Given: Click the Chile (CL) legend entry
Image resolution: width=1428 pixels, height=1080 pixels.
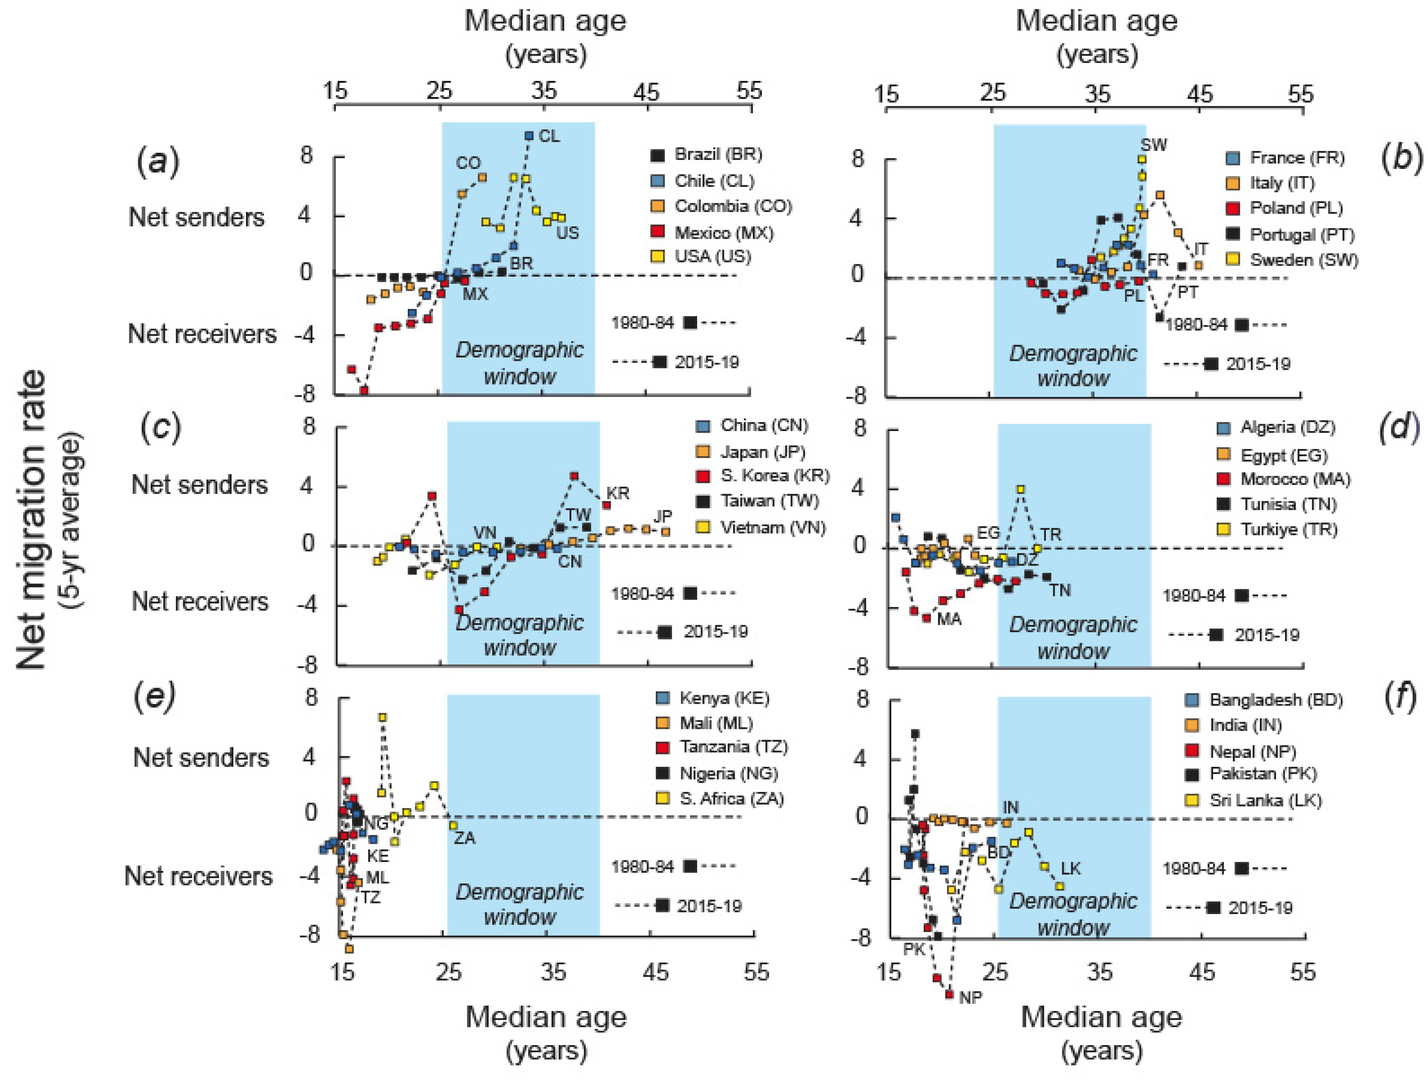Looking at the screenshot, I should tap(713, 181).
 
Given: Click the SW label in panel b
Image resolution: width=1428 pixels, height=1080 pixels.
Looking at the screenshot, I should tap(1153, 145).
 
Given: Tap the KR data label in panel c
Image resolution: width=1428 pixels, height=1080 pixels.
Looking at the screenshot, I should tap(618, 493).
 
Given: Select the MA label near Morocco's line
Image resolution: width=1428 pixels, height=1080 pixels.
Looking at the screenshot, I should tap(949, 620).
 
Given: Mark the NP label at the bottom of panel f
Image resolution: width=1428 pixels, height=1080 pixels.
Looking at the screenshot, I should tap(970, 998).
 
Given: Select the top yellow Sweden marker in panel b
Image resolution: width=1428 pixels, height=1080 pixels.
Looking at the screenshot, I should tap(1142, 159).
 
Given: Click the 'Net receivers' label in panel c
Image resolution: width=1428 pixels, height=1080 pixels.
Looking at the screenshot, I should tap(200, 602).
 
